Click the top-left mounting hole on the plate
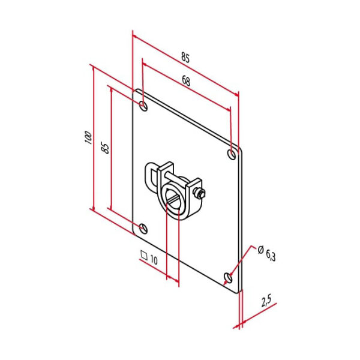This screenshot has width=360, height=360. [x=143, y=106]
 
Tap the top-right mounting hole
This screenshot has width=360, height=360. [x=232, y=155]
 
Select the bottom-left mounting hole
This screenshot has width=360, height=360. [x=143, y=227]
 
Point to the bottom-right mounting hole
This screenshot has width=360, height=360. [x=229, y=277]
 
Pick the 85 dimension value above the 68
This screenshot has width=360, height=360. [x=185, y=58]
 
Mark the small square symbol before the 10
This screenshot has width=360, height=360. [x=143, y=254]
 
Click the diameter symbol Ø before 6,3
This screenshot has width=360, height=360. [x=260, y=248]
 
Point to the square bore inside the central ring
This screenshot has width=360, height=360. [x=175, y=197]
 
